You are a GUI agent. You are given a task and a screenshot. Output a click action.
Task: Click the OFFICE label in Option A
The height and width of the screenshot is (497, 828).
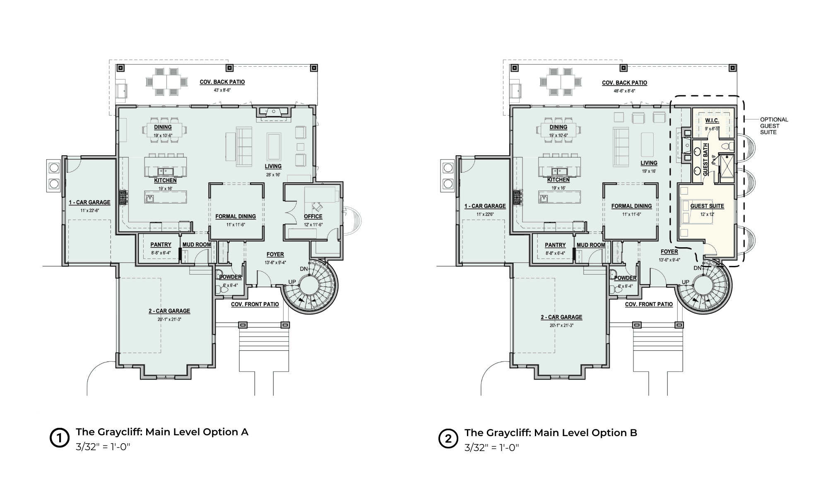(x=313, y=216)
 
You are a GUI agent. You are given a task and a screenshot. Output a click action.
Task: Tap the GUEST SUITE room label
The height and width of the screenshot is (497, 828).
(x=707, y=206)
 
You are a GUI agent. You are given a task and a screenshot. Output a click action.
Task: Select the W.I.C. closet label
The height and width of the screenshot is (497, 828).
(x=712, y=120)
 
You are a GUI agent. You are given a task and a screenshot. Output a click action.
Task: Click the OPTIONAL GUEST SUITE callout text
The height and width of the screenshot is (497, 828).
(x=774, y=126)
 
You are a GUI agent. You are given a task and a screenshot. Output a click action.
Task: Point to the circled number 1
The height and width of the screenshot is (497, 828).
(x=59, y=438)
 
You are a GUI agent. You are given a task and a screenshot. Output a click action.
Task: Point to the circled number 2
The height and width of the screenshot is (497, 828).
(x=448, y=439)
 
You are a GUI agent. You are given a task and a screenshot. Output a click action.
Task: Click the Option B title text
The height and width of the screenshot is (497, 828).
(x=551, y=433)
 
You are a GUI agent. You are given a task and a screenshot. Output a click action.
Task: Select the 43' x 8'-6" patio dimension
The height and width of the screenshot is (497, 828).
(x=222, y=90)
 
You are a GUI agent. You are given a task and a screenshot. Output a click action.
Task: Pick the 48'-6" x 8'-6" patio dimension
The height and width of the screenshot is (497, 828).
(x=624, y=91)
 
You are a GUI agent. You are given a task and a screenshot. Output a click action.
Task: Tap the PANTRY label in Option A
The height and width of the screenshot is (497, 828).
(x=161, y=245)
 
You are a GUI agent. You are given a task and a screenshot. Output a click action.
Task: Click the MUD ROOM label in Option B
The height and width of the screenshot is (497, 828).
(x=591, y=245)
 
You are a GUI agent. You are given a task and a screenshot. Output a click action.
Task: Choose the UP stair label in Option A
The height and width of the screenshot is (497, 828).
(x=292, y=282)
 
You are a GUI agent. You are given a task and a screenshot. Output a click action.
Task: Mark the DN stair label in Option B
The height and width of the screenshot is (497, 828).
(x=698, y=268)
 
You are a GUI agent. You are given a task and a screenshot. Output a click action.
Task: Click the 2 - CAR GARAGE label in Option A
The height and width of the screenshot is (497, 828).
(x=169, y=311)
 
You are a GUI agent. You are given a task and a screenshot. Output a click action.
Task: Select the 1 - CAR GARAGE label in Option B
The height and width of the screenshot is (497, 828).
(x=485, y=206)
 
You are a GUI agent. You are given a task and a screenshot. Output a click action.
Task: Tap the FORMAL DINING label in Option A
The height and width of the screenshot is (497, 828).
(x=236, y=216)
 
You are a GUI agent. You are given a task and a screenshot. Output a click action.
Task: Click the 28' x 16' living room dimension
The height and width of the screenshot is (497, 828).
(x=273, y=174)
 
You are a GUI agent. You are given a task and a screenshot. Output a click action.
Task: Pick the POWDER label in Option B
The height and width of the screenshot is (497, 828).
(x=625, y=278)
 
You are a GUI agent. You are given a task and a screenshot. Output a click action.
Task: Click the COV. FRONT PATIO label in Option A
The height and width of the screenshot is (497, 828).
(x=255, y=304)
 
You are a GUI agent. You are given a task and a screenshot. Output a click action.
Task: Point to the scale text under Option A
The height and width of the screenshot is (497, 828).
(x=103, y=447)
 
